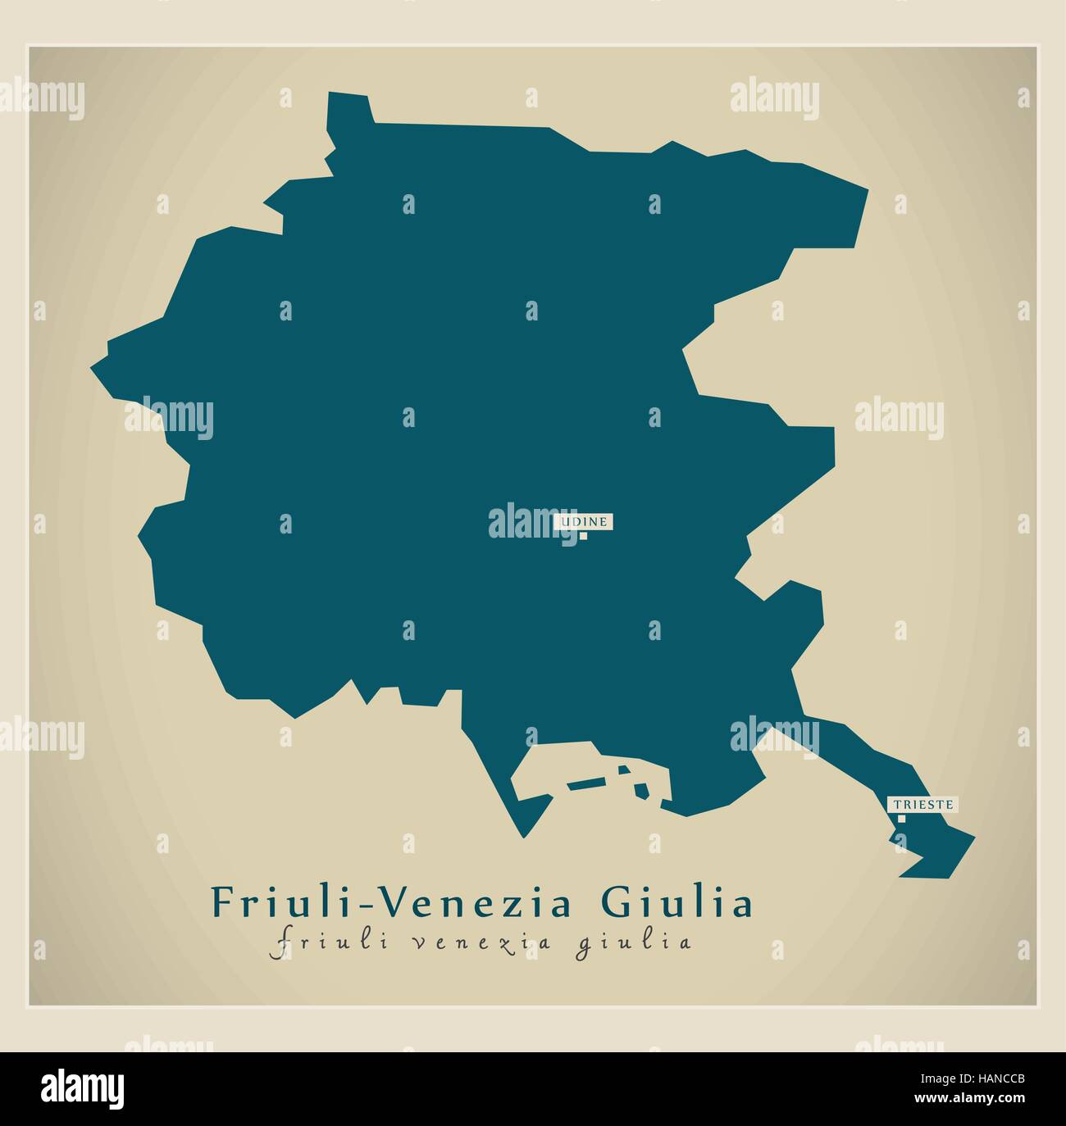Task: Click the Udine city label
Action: point(585,520)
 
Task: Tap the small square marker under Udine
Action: point(584,537)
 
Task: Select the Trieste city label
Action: point(923,804)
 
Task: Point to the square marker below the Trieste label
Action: point(901,818)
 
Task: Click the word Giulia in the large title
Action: point(677,903)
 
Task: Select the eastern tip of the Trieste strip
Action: point(973,838)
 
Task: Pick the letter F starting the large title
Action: point(221,903)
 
